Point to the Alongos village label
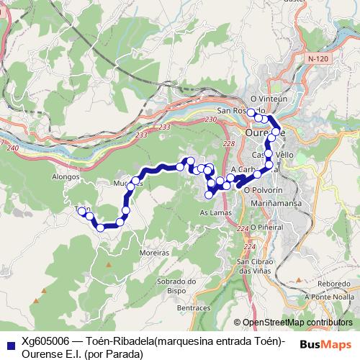click(66, 176)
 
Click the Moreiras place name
click(153, 254)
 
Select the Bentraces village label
click(181, 307)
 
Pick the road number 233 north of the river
click(164, 127)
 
